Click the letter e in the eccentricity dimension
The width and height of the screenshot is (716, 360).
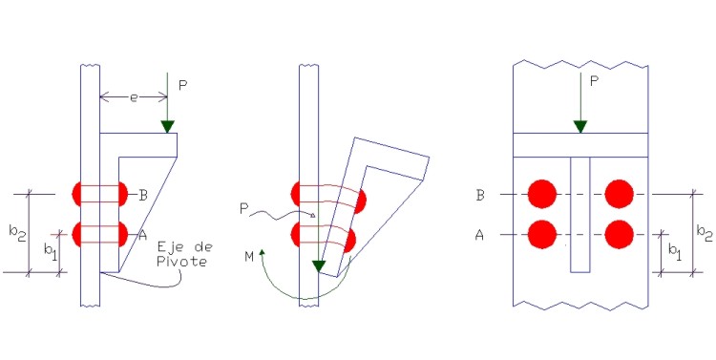click(x=134, y=97)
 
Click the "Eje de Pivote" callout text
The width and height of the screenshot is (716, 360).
click(x=184, y=254)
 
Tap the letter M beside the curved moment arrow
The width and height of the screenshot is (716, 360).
click(x=249, y=257)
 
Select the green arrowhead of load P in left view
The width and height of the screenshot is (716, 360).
click(x=168, y=127)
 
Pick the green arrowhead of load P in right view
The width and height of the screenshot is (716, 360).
click(x=580, y=127)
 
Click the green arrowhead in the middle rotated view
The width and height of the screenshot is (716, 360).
click(x=318, y=265)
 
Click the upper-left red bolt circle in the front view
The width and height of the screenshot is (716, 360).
click(x=542, y=194)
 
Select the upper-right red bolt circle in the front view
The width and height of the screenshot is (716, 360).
click(x=620, y=194)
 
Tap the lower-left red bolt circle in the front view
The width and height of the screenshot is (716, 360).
click(x=542, y=234)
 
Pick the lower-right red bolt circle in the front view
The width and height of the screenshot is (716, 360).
click(x=620, y=234)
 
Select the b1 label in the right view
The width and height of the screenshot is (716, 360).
click(x=675, y=252)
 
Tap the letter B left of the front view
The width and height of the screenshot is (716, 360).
click(x=479, y=195)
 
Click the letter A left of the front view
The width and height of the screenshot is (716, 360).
click(x=479, y=235)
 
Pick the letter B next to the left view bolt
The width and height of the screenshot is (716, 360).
click(x=143, y=196)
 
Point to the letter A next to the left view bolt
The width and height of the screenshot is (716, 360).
click(x=142, y=235)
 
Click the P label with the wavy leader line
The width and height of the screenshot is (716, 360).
click(x=243, y=209)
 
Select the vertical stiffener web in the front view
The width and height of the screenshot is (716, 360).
click(x=580, y=215)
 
